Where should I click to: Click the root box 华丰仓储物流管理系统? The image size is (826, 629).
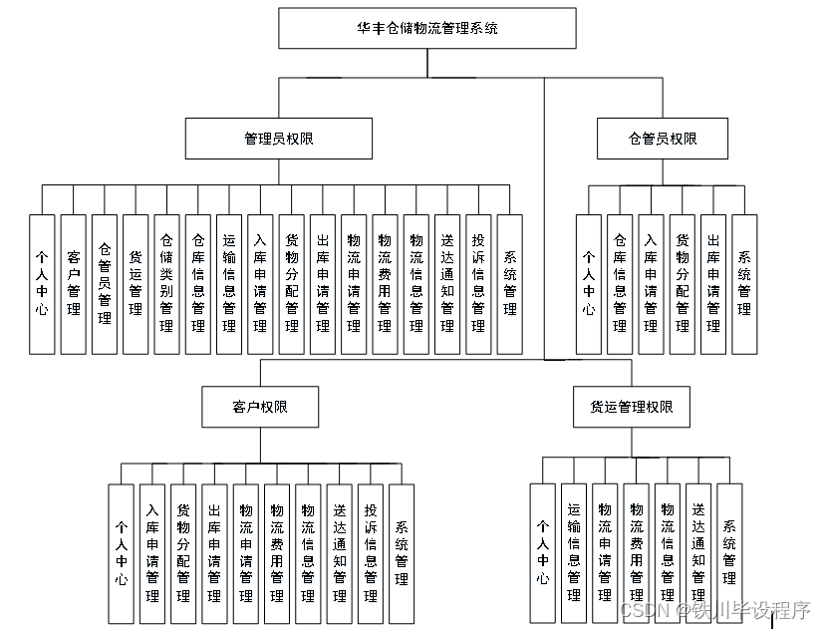coord(427,28)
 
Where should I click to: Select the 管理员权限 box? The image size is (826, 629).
coord(279,139)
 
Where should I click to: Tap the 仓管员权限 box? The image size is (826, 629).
coord(663,139)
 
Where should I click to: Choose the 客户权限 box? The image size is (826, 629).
coord(261,407)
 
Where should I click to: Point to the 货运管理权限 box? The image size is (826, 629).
coord(624,407)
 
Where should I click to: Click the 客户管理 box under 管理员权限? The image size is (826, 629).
coord(73,283)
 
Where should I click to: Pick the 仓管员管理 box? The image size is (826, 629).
coord(105,283)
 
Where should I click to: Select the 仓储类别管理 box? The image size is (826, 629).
coord(166,283)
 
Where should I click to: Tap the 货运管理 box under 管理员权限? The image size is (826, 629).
coord(136,283)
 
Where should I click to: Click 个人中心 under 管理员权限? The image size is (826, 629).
coord(42,283)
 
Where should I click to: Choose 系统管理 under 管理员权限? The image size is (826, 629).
coord(509,283)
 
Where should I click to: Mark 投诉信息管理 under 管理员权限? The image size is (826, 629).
coord(478,283)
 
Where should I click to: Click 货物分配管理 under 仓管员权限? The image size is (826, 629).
coord(682,283)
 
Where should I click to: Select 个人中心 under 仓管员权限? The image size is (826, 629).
coord(589,283)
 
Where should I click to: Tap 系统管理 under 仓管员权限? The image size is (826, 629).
coord(743,283)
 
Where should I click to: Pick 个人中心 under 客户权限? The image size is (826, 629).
coord(121,552)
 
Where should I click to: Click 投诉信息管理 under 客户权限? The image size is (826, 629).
coord(370,552)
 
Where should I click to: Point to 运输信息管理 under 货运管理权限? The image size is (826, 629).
coord(573,552)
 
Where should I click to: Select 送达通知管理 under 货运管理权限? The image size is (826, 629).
coord(698,552)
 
